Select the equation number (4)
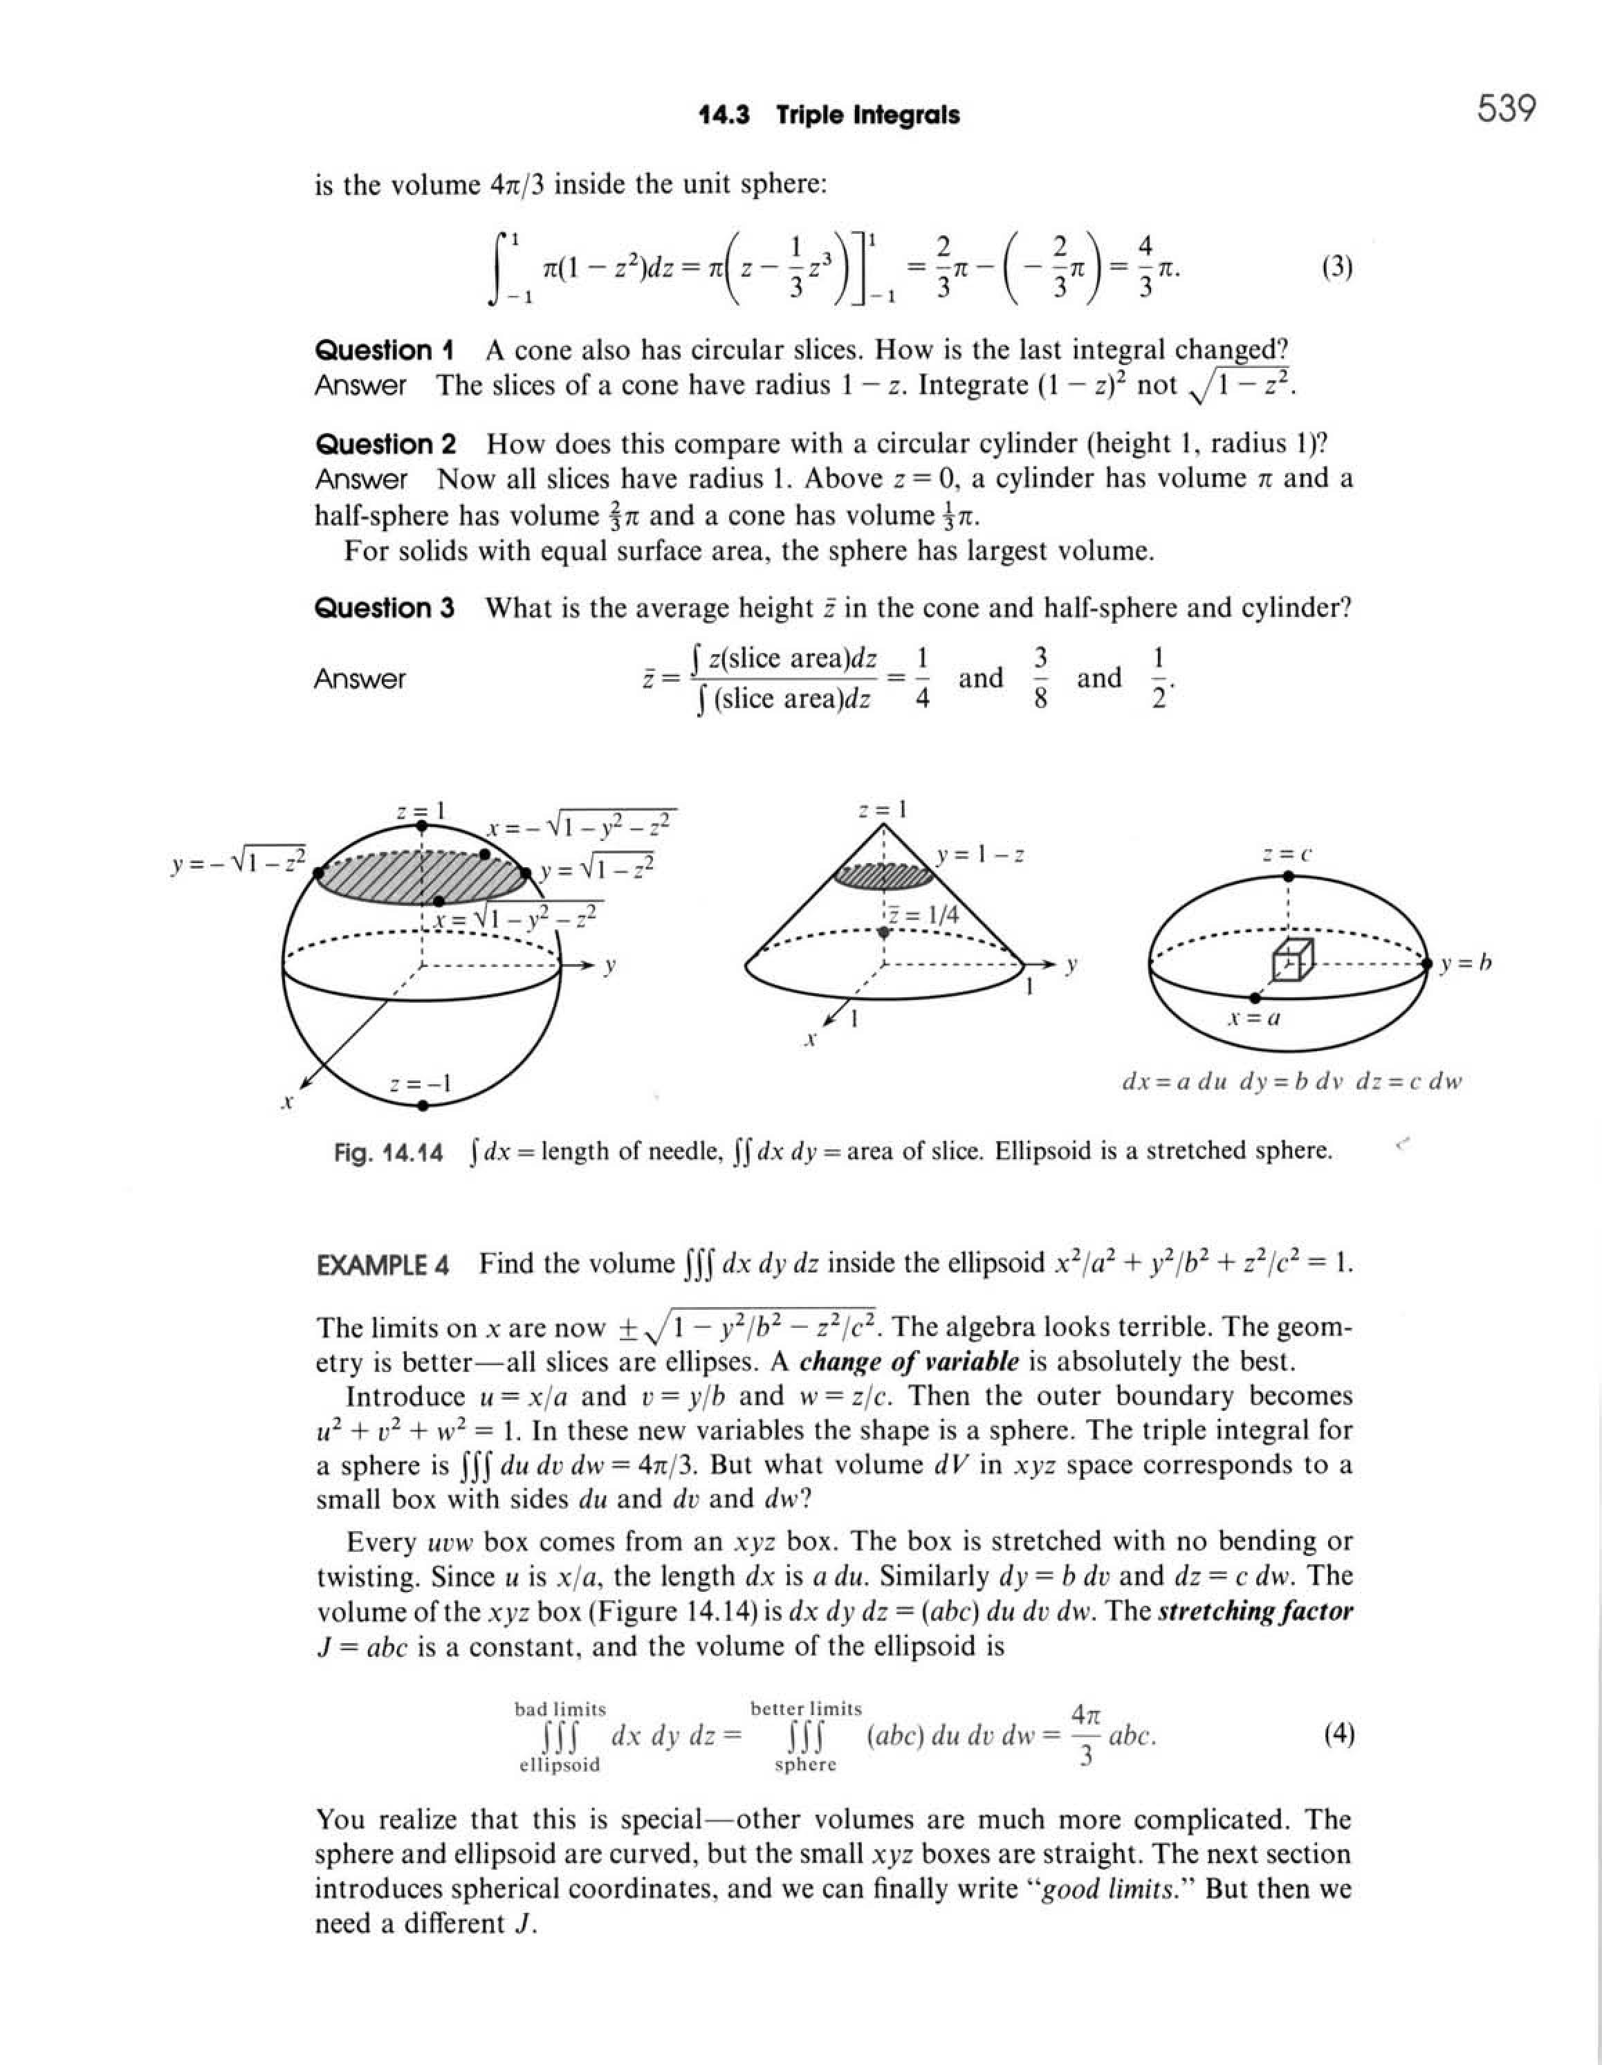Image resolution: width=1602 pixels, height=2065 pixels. [1338, 1734]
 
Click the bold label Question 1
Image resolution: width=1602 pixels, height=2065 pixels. [383, 351]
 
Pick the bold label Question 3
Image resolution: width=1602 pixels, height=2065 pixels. [384, 608]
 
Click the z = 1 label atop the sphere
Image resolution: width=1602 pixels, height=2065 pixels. [421, 811]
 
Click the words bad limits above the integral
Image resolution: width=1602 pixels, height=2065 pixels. [560, 1709]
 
